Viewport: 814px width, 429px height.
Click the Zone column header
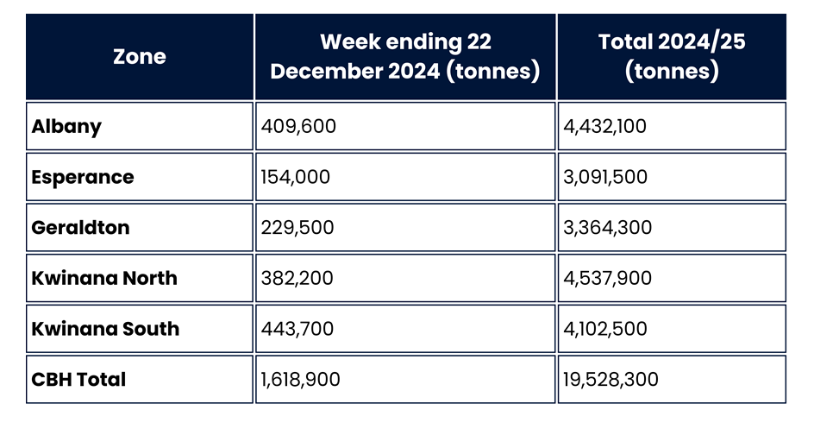(140, 57)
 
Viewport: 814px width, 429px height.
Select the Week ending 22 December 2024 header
(404, 56)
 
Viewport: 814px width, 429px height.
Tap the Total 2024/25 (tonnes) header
(671, 56)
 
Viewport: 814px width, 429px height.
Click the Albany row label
(67, 126)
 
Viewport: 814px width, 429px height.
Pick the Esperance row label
(83, 177)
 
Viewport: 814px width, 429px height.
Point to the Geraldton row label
(81, 228)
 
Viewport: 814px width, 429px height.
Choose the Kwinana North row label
(104, 278)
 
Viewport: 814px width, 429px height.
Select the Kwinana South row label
(105, 329)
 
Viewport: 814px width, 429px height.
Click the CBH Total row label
(78, 379)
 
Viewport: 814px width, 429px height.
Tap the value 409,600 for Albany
(298, 126)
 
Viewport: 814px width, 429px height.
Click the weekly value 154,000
(296, 177)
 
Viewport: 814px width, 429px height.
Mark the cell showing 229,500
(297, 228)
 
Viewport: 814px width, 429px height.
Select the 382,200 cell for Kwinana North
(297, 278)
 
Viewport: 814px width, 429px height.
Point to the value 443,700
(297, 329)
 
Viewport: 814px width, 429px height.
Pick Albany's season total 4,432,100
(605, 126)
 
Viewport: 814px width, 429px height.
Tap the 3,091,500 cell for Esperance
(605, 177)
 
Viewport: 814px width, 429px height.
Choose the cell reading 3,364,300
(608, 228)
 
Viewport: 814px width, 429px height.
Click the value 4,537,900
(608, 278)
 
